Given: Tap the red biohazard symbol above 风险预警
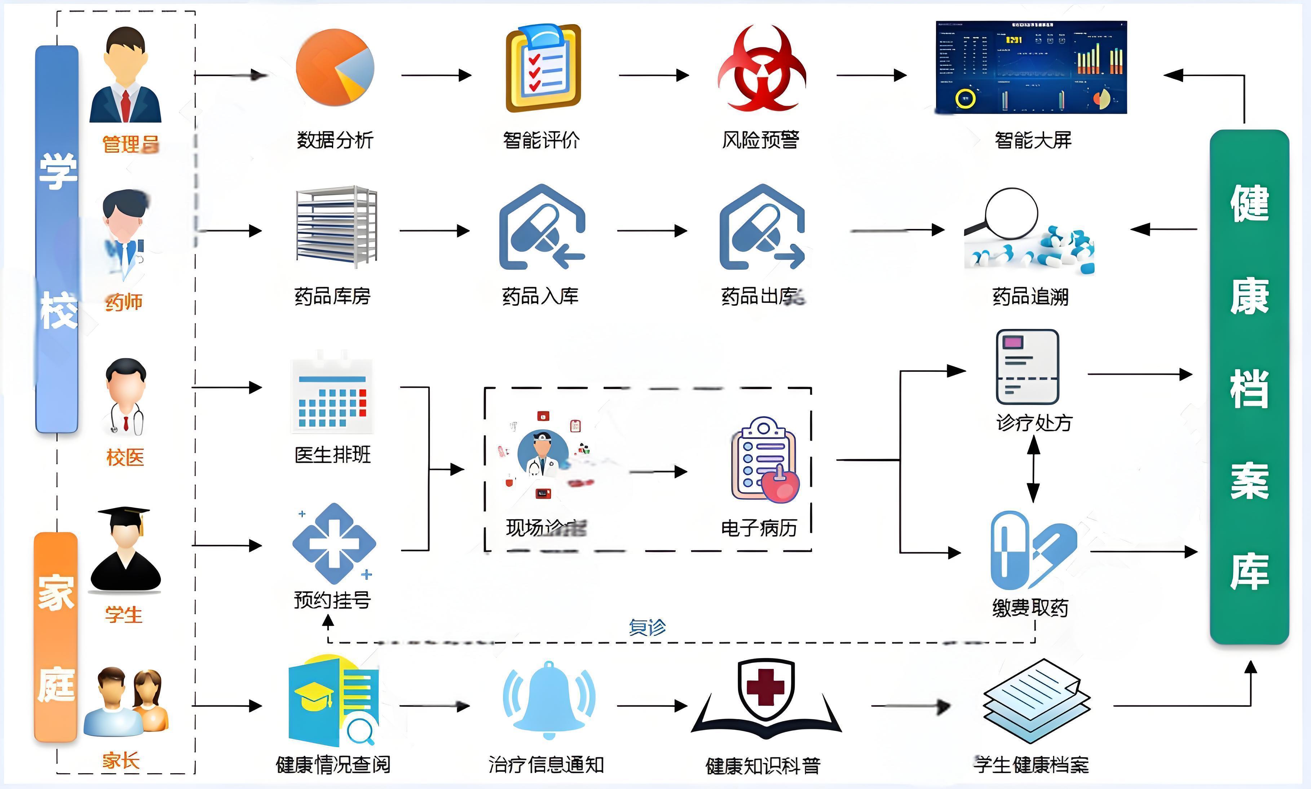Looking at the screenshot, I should pyautogui.click(x=762, y=69).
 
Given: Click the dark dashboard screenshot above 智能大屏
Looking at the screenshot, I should pyautogui.click(x=1031, y=67).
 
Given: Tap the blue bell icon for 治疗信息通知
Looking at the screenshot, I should pyautogui.click(x=549, y=699).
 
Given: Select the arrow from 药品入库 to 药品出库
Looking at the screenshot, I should pyautogui.click(x=652, y=231).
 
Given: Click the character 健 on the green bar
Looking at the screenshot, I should pyautogui.click(x=1249, y=203).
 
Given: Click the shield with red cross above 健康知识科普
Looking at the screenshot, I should pyautogui.click(x=765, y=686).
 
